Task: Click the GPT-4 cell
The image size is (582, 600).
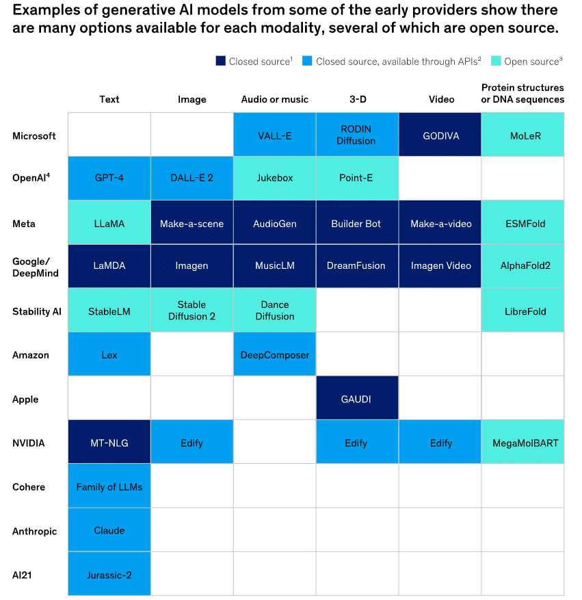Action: tap(109, 178)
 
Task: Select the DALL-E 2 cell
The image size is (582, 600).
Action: tap(191, 178)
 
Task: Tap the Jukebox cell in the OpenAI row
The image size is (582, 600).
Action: tap(275, 178)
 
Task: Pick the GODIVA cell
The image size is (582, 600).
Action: tap(441, 135)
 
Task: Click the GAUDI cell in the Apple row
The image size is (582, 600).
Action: tap(356, 399)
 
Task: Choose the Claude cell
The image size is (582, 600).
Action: tap(109, 530)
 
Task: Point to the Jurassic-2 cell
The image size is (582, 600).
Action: tap(109, 575)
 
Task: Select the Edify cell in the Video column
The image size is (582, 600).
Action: tap(441, 443)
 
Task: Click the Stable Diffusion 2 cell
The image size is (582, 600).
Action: tap(191, 311)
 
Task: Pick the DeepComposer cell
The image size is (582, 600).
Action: tap(275, 355)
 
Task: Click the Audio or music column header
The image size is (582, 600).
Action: tap(275, 99)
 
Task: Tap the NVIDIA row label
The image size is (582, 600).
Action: tap(29, 443)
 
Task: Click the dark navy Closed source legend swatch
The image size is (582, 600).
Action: tap(220, 62)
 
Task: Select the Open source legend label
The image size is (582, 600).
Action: tap(532, 62)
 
